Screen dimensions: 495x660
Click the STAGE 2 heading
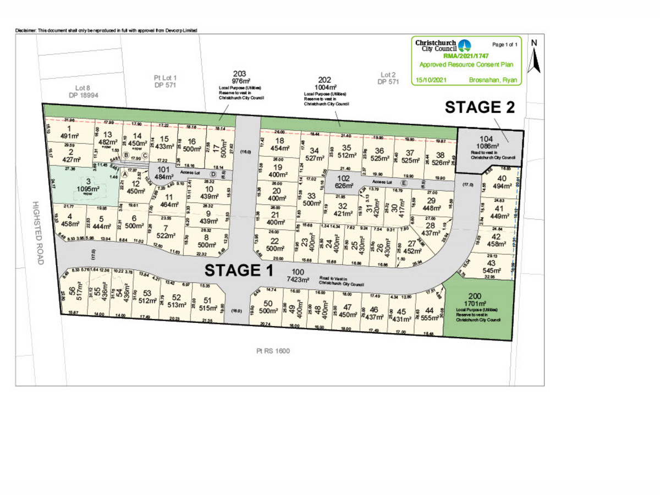(x=480, y=107)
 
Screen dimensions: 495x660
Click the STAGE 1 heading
(x=239, y=270)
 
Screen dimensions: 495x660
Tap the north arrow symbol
(x=533, y=58)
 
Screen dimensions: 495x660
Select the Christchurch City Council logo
(x=465, y=45)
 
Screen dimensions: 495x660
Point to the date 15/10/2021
(x=432, y=80)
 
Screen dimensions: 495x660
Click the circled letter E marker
(x=404, y=183)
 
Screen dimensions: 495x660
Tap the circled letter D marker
(x=212, y=174)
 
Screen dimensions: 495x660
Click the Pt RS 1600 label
(x=273, y=350)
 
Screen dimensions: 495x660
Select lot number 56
(x=72, y=290)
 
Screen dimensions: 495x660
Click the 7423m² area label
(x=298, y=279)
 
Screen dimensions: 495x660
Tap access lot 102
(x=343, y=182)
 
